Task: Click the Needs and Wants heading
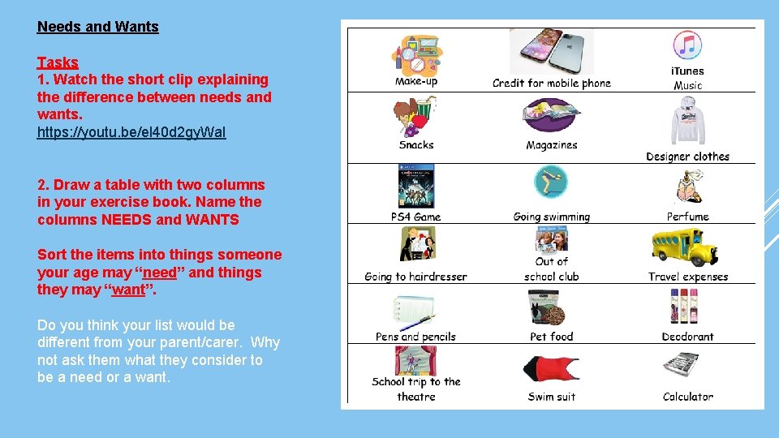click(x=97, y=26)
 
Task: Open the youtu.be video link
click(x=131, y=131)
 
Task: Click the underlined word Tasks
click(x=58, y=62)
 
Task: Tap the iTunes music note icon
click(x=687, y=45)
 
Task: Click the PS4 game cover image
click(x=415, y=187)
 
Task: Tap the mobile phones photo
click(x=552, y=52)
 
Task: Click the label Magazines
click(x=552, y=145)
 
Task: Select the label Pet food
click(x=552, y=337)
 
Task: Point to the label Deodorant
click(x=687, y=337)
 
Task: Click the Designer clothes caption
click(x=687, y=157)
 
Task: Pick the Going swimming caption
click(x=552, y=217)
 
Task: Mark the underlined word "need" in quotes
click(x=160, y=273)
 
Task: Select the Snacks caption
click(x=416, y=145)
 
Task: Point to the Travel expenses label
click(x=688, y=277)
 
